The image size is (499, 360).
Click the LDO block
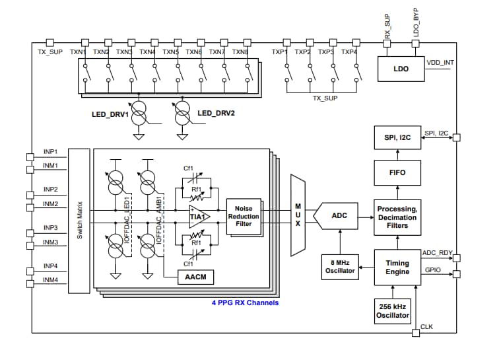(401, 69)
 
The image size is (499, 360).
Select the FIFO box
(397, 172)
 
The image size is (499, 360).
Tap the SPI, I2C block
(397, 139)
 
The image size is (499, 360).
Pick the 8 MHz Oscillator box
(339, 266)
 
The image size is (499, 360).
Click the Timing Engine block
(397, 267)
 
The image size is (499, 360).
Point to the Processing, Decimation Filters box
(397, 217)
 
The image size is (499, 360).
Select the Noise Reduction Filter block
(244, 216)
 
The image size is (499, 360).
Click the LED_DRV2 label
(216, 113)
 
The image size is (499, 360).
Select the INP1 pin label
(51, 151)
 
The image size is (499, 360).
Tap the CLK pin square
(415, 334)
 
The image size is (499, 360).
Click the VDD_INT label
(440, 63)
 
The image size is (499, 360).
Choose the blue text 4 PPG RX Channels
(244, 303)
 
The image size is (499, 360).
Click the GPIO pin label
(432, 270)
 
